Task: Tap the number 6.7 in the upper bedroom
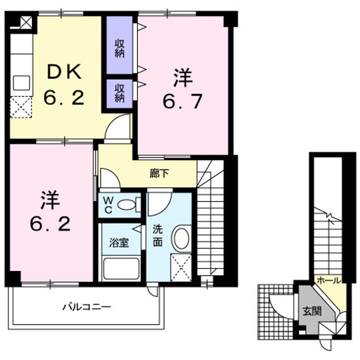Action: coord(182,101)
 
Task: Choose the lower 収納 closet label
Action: coord(119,93)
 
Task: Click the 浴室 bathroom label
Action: coord(119,243)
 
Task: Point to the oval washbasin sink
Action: coord(181,238)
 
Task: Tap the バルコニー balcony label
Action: coord(86,306)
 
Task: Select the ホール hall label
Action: coord(329,280)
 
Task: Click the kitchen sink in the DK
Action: coord(21,82)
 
